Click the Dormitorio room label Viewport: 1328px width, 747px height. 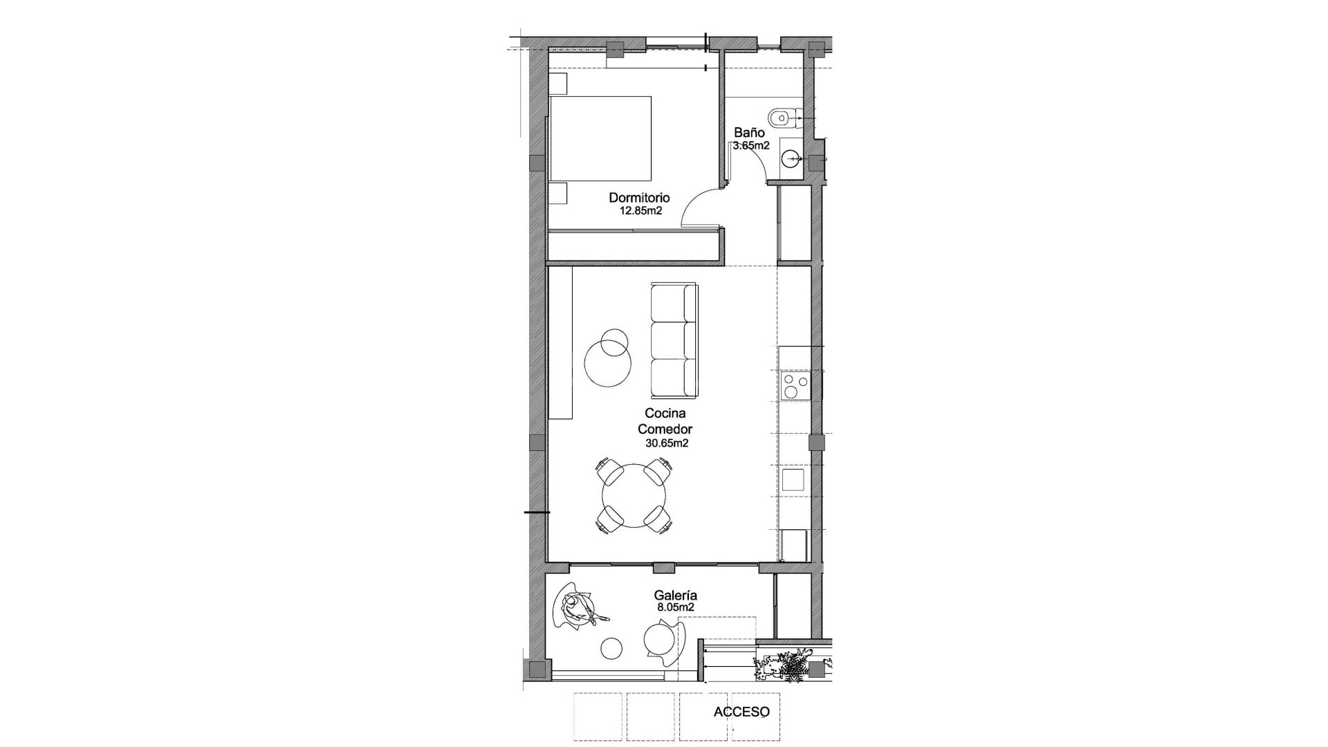point(639,198)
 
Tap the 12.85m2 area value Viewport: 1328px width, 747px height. point(640,211)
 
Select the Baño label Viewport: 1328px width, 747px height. point(749,132)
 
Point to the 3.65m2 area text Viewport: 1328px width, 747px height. point(751,146)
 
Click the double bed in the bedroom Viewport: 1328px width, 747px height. point(600,139)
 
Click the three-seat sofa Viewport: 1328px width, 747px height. point(673,340)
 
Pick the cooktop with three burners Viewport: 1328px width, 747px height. point(794,386)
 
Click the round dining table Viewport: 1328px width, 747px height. point(634,496)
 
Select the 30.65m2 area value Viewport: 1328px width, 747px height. point(667,443)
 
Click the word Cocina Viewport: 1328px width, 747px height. point(665,414)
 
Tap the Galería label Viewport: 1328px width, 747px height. point(675,595)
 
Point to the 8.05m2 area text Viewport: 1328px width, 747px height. point(675,607)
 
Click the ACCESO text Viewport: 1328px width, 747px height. point(741,712)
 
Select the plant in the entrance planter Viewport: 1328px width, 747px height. point(788,667)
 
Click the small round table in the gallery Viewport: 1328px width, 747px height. point(611,648)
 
